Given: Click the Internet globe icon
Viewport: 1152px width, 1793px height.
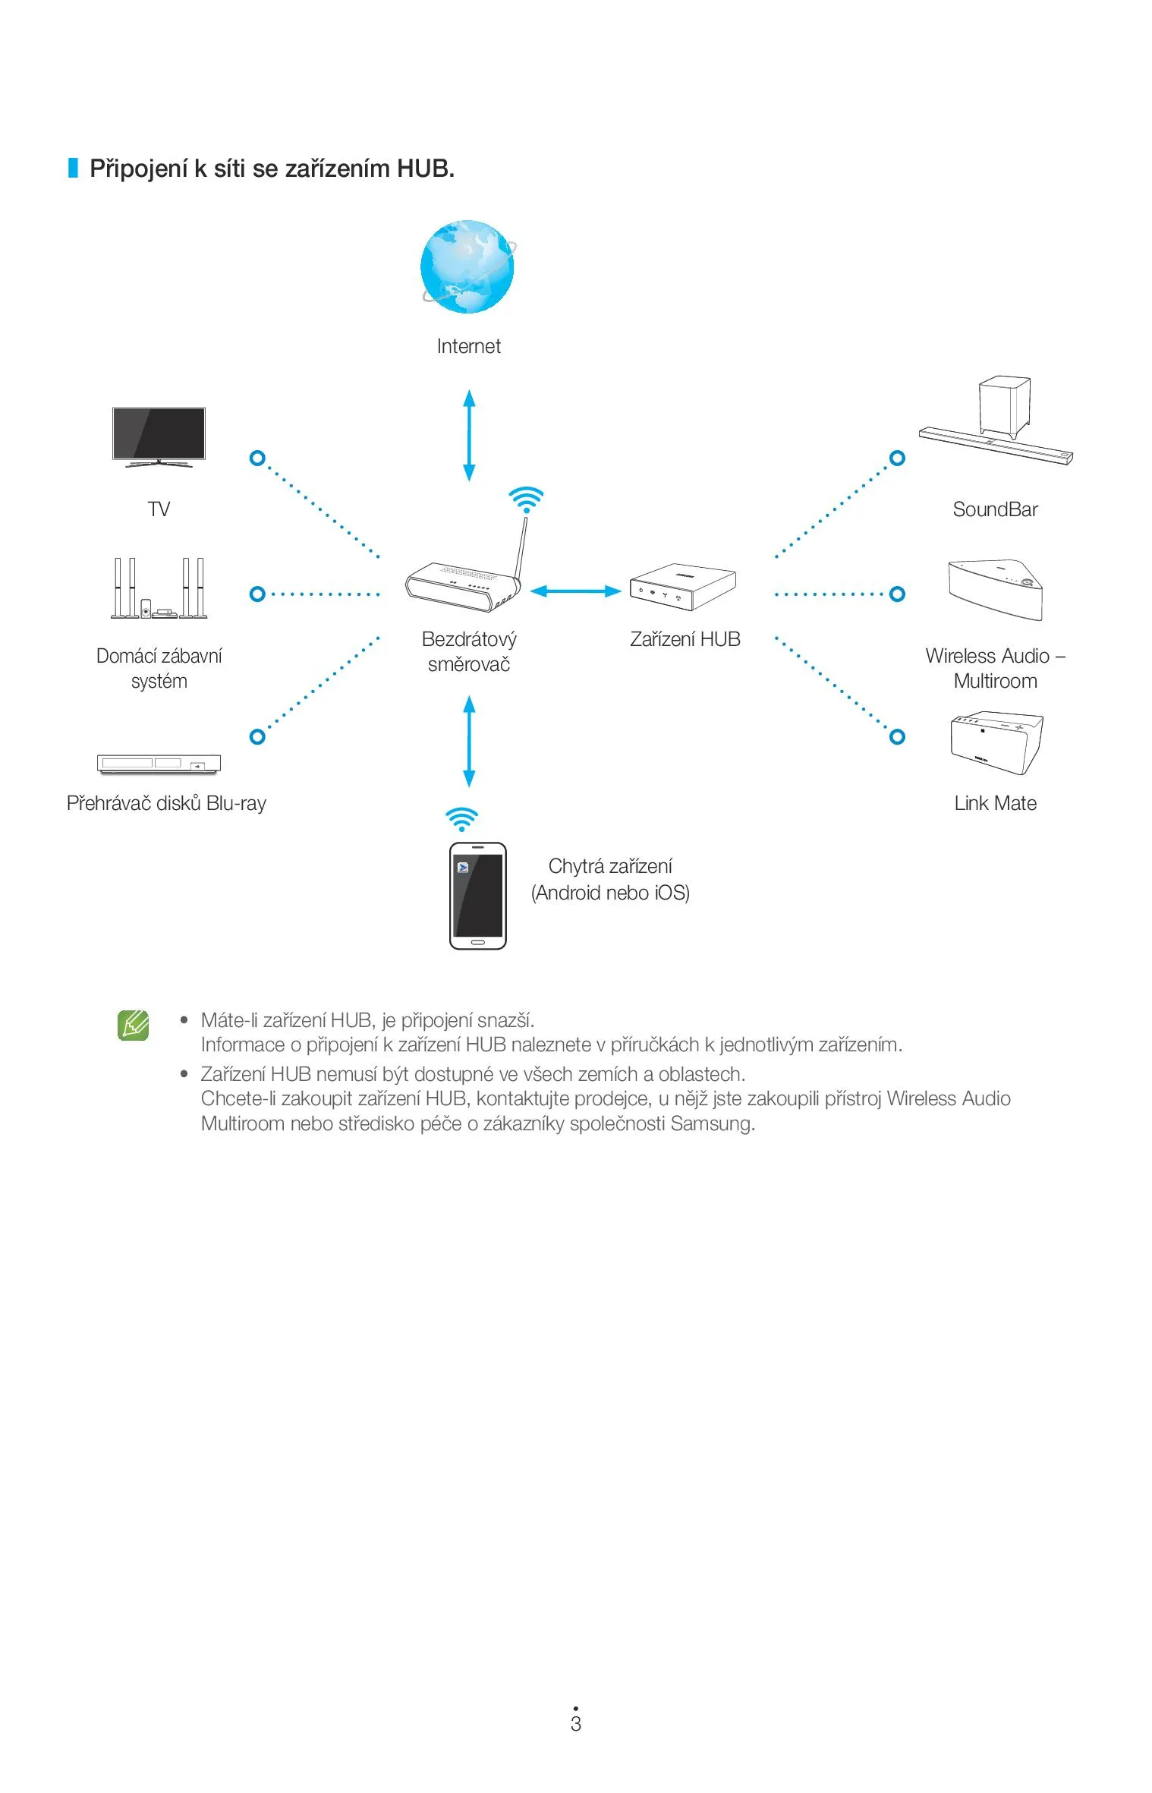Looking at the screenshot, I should point(467,266).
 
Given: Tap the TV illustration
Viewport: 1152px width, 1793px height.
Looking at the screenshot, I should point(159,435).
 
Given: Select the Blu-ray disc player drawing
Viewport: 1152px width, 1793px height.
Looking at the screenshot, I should point(159,763).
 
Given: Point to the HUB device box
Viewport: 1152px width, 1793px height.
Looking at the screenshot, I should point(682,587).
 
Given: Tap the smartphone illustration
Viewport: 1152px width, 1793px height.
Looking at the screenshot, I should point(477,896).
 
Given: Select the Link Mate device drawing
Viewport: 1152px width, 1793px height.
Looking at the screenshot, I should point(996,742).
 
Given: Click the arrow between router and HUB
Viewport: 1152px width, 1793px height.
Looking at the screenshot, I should point(575,591).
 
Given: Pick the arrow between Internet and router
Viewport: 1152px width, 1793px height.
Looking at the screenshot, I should point(469,435).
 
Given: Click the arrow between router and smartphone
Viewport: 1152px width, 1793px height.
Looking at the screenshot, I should point(469,741).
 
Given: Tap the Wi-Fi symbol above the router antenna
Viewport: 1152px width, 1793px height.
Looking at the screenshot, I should point(526,499).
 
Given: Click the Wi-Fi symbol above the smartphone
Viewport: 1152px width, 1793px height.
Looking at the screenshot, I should point(461,819).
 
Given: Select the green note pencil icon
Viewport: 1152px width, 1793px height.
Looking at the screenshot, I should point(134,1025).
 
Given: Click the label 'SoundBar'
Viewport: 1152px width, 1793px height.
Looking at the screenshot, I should point(995,509).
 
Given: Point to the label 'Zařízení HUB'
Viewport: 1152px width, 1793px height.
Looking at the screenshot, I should point(685,639).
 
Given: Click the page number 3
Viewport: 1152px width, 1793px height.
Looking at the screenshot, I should point(576,1724).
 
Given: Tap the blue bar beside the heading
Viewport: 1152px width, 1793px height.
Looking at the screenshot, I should point(73,168).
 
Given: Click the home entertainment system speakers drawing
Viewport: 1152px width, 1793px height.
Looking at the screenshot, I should point(159,588).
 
